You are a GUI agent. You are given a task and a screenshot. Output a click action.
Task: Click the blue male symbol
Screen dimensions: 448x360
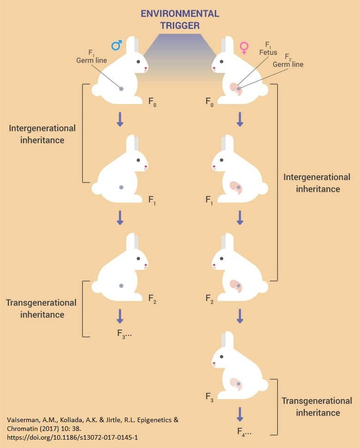(116, 45)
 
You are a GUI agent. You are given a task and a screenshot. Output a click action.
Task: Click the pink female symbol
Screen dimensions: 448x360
(243, 46)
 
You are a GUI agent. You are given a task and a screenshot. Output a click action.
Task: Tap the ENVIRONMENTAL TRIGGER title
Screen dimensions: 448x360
(180, 19)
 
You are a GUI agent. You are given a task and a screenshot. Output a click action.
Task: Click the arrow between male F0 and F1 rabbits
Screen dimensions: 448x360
(120, 119)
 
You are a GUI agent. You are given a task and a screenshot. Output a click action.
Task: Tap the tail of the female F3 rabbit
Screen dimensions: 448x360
(264, 385)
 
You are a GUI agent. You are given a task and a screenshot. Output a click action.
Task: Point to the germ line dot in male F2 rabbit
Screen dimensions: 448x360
(121, 286)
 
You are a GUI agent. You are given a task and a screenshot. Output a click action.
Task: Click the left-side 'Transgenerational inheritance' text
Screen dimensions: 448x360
(41, 309)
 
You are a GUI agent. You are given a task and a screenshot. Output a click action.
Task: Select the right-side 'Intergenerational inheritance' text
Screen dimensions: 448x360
(317, 183)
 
